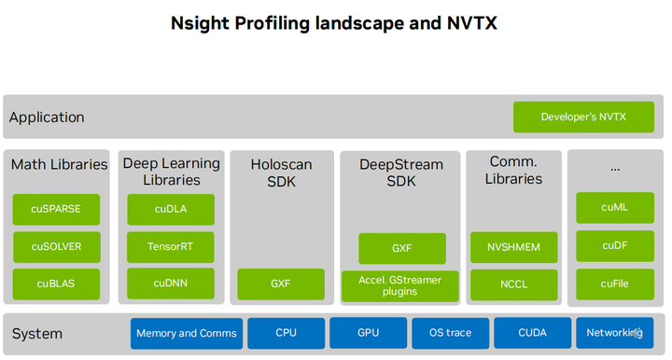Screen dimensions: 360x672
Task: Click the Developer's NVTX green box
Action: click(x=583, y=117)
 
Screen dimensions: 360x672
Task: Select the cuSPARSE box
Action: click(x=56, y=209)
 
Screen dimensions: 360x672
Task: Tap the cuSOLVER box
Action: click(x=56, y=247)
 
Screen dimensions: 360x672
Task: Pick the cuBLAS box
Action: click(x=56, y=284)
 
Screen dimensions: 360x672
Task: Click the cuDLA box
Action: click(x=171, y=209)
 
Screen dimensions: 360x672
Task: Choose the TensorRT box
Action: click(x=171, y=247)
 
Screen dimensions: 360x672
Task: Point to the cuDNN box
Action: click(x=171, y=284)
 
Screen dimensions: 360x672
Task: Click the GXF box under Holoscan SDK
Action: click(x=281, y=284)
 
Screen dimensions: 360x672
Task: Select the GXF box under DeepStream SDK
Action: click(x=402, y=248)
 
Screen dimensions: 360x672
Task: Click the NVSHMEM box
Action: click(x=513, y=247)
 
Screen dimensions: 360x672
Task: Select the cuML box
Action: click(x=614, y=208)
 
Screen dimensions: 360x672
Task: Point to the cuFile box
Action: click(x=614, y=284)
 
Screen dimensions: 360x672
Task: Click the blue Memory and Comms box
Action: click(x=188, y=333)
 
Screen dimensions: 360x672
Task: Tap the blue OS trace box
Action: click(x=450, y=333)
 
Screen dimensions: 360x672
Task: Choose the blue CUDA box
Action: click(x=531, y=333)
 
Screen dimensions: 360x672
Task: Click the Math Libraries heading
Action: click(x=59, y=164)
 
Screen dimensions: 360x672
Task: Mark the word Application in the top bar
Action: click(x=47, y=118)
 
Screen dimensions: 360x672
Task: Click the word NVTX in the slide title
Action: click(x=468, y=23)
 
